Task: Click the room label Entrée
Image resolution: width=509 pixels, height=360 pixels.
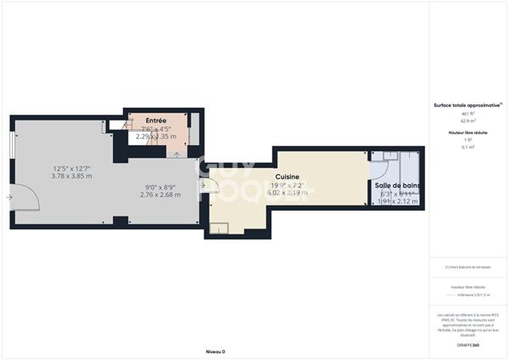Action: point(155,121)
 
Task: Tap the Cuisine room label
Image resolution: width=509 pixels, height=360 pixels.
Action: point(287,177)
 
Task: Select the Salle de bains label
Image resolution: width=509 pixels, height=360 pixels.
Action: point(397,185)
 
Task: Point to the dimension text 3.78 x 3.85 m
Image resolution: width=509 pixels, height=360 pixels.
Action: point(72,177)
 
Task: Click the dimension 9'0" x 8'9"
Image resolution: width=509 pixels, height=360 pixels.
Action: point(160,188)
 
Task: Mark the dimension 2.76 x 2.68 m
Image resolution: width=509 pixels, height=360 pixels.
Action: point(160,195)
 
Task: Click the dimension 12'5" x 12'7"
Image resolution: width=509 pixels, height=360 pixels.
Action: point(72,168)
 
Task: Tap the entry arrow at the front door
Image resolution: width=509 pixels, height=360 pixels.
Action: point(8,198)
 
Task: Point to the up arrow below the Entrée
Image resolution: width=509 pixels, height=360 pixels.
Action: point(176,155)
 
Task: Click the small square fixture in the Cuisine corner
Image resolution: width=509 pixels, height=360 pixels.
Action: point(218,228)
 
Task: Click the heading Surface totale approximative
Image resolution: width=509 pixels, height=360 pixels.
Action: point(467,105)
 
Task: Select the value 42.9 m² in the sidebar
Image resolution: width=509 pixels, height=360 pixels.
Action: point(467,121)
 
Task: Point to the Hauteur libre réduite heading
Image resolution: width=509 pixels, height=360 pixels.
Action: point(467,132)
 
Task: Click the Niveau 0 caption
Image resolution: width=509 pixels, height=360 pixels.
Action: point(215,351)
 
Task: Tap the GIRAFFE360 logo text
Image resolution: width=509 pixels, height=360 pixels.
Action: point(467,345)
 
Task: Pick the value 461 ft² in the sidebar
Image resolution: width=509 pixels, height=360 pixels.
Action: point(467,113)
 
